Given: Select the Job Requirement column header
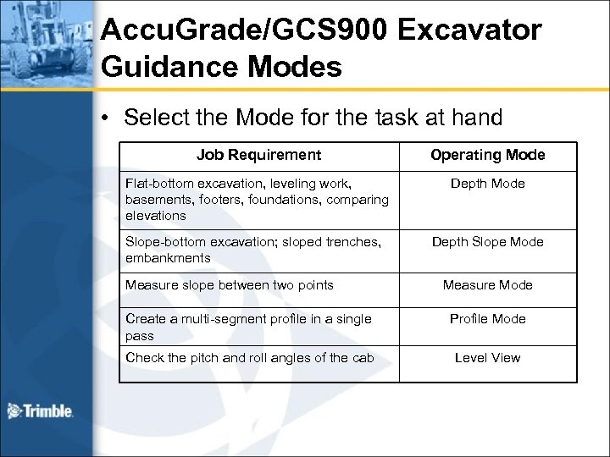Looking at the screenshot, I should [x=258, y=155].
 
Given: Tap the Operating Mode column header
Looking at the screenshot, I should [x=488, y=155].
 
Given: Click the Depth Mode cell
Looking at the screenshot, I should [x=488, y=184].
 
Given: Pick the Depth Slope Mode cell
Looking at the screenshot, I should [x=488, y=242].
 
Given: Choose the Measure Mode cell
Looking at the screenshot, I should [x=488, y=284].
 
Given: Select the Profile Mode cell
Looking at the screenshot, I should [x=488, y=319].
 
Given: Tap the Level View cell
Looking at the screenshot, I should [x=488, y=357].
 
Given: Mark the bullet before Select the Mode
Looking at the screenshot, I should [x=107, y=118].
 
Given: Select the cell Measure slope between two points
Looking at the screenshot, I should [x=228, y=284].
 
